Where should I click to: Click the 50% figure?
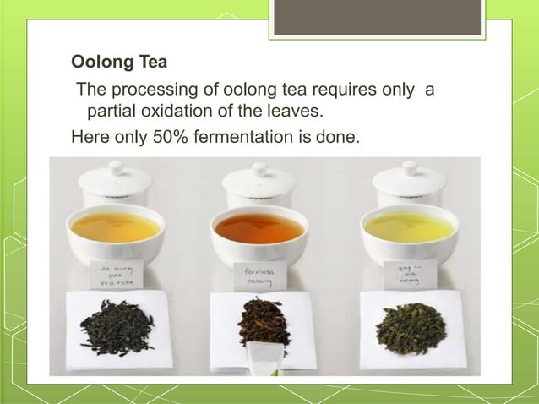(x=169, y=133)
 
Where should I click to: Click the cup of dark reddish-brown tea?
(x=258, y=228)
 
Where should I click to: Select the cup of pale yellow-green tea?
(x=409, y=227)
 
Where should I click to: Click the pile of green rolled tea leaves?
(x=410, y=328)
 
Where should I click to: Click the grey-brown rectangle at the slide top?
(x=377, y=17)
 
